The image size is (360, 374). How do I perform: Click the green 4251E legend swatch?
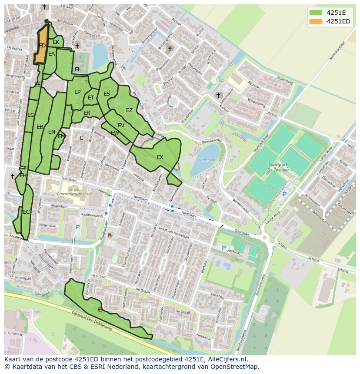point(316,12)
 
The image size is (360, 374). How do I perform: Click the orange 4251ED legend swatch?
point(316,21)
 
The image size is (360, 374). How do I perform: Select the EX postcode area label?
point(160,157)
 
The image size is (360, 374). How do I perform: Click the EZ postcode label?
point(129,110)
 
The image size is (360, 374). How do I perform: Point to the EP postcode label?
point(77,92)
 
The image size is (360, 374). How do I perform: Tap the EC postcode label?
point(27,212)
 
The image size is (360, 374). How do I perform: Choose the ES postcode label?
point(107,93)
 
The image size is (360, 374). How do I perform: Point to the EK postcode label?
point(56,42)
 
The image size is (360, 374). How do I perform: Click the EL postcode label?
point(77,69)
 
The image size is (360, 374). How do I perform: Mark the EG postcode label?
point(31,115)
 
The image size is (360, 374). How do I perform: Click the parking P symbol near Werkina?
point(223,248)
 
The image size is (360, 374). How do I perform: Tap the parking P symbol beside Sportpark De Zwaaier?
point(284,194)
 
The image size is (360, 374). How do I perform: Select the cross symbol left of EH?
point(12,176)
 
